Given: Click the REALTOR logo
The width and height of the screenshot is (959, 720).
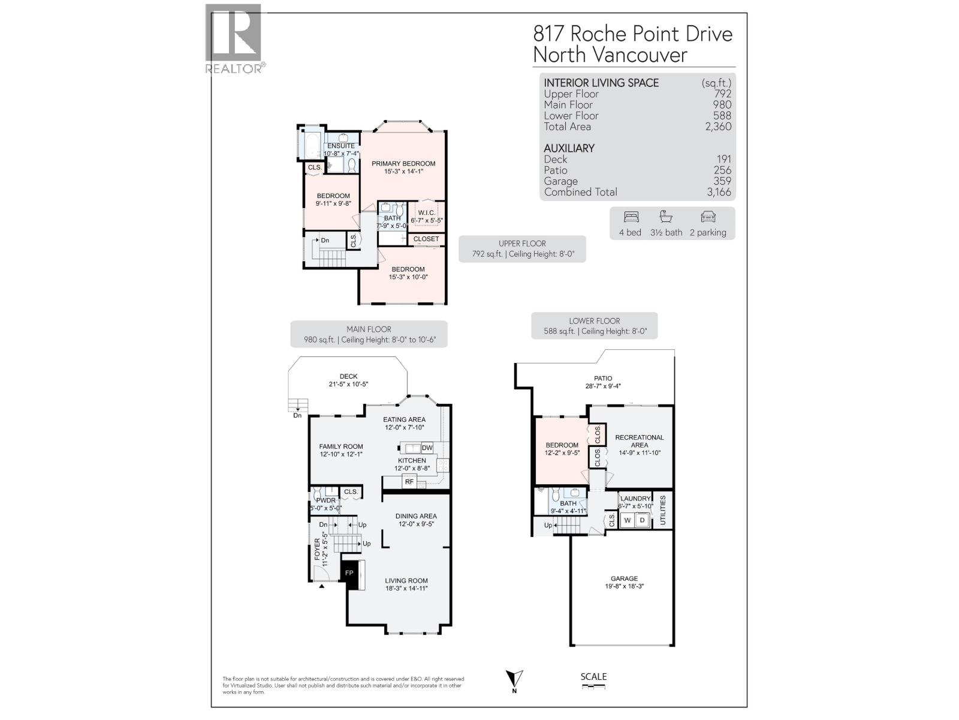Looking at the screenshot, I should pos(234,39).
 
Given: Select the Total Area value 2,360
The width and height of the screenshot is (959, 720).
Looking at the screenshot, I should pos(718,127).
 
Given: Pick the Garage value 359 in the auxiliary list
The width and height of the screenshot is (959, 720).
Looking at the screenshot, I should pos(722,181).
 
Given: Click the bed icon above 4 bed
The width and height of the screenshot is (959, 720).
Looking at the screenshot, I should pos(631,217).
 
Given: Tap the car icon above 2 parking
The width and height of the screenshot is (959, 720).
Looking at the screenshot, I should pos(708,217).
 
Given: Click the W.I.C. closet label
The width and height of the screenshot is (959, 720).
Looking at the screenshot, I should pos(426,213).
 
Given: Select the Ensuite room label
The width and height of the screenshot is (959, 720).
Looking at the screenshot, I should pos(340,146).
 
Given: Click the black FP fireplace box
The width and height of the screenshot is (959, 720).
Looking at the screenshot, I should pos(349,573).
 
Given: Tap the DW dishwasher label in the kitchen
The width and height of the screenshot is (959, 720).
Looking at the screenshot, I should pos(427,448).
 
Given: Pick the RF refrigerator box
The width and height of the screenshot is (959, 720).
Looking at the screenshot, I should pos(409,482).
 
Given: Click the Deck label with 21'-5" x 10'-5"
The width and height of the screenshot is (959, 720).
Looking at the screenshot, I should pos(348,380).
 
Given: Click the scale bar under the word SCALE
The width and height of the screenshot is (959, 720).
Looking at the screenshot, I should pos(593,686).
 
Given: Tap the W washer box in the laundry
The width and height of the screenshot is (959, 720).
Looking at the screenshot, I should pos(628,520).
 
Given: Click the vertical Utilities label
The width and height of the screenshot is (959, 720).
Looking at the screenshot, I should pos(663,510).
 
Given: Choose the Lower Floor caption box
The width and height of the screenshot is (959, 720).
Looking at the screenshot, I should pos(594,326).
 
